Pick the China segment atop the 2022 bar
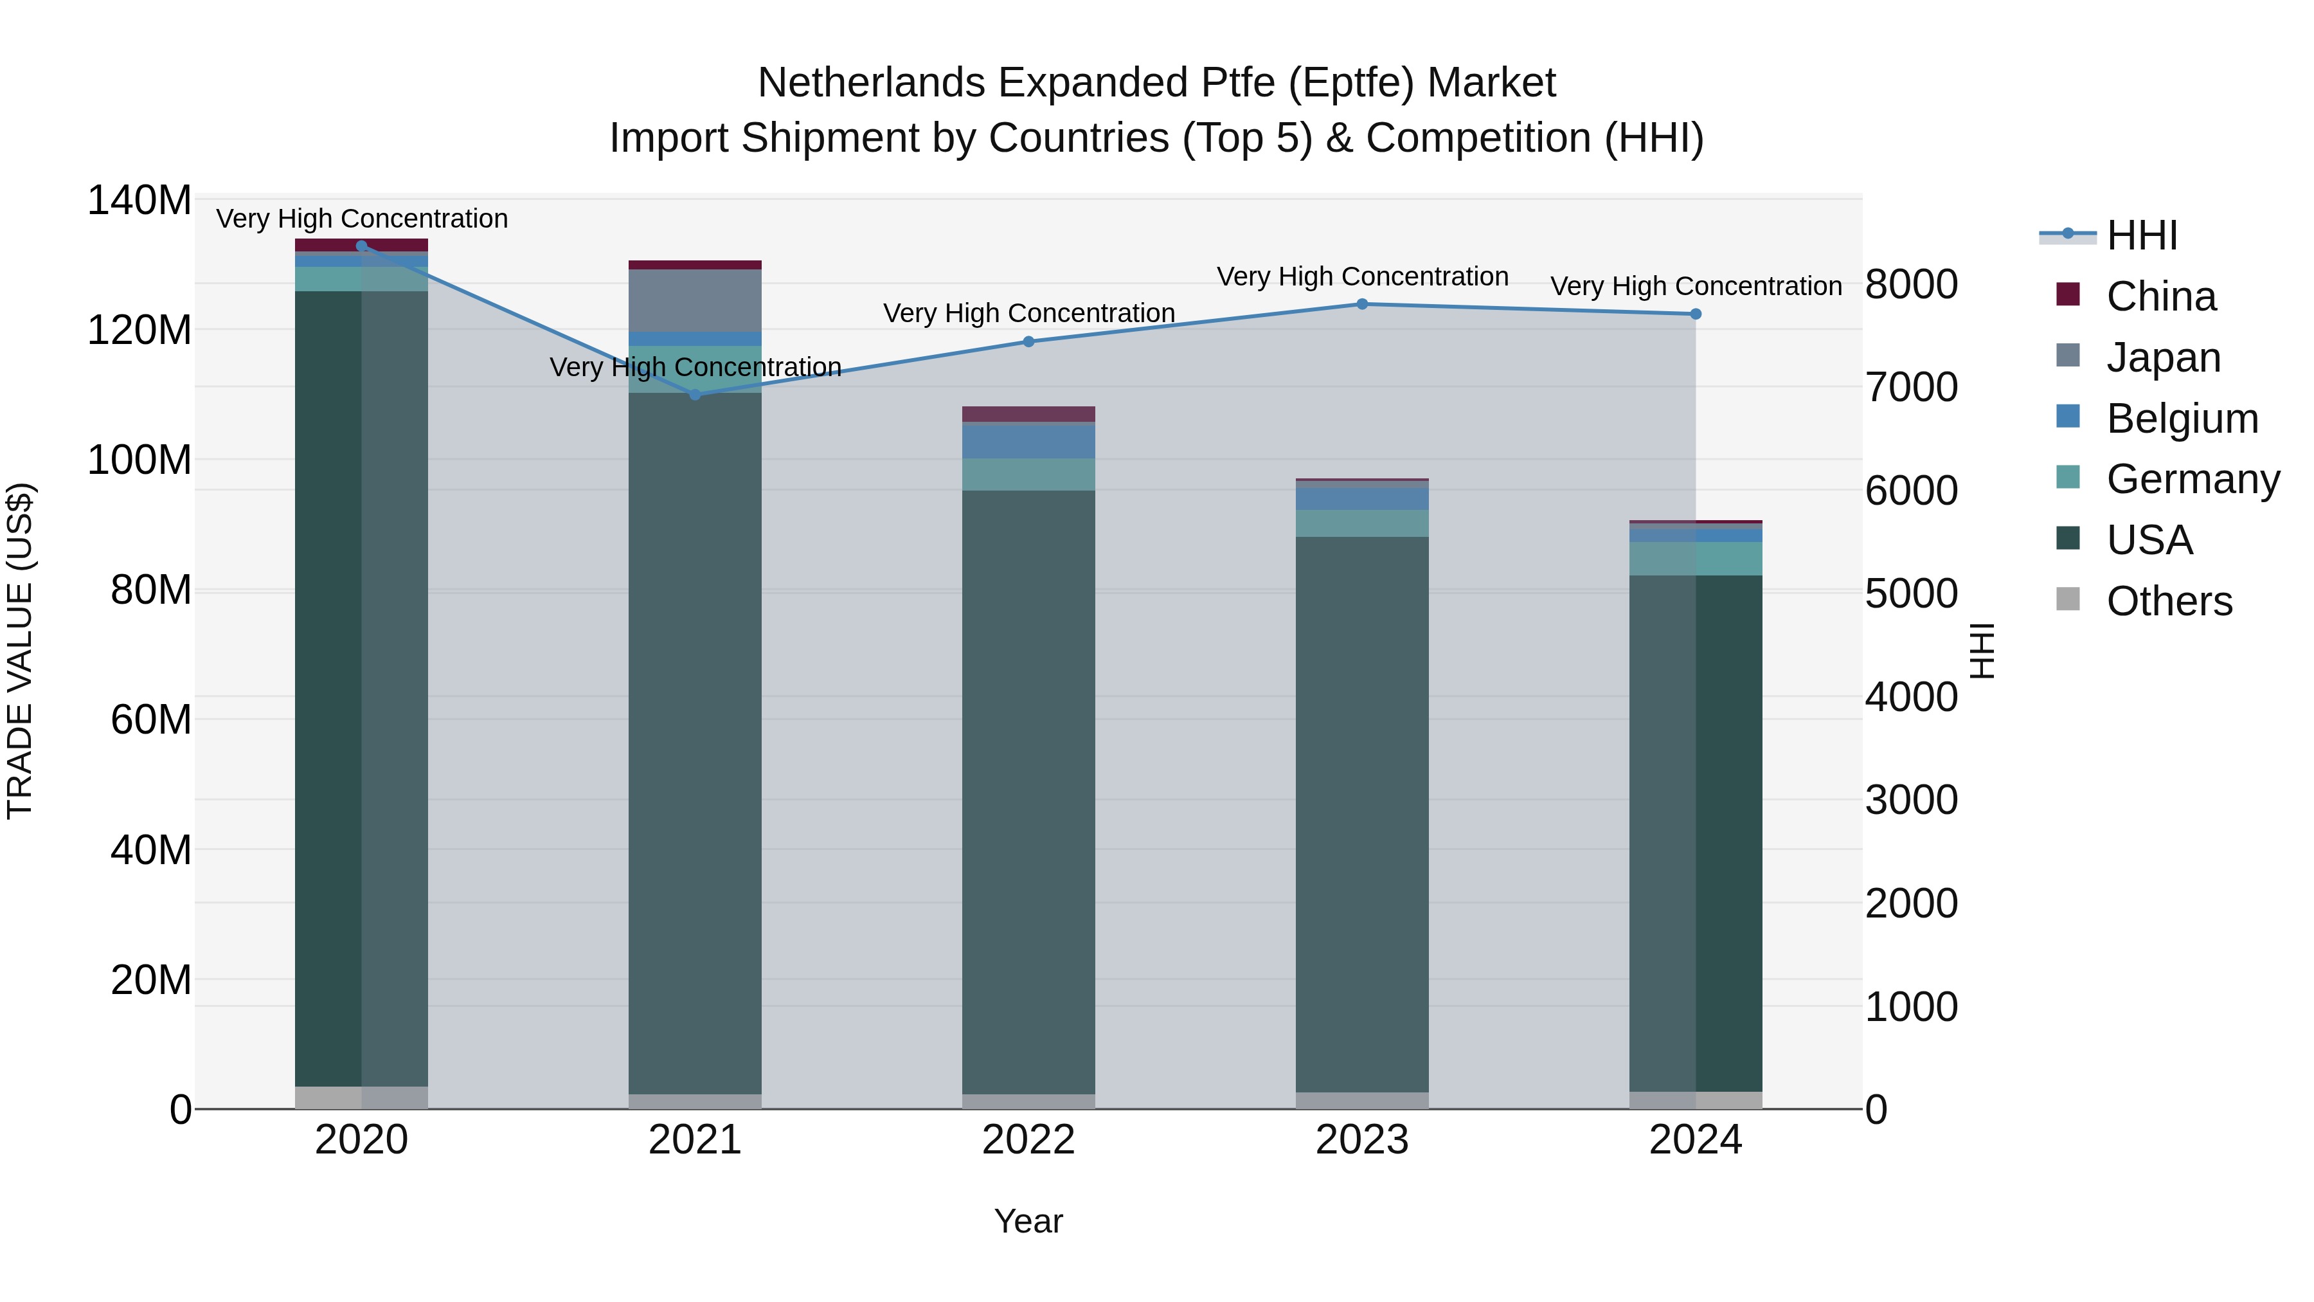pyautogui.click(x=1028, y=414)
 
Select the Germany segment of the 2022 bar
pyautogui.click(x=1028, y=475)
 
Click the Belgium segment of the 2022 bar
pyautogui.click(x=1028, y=440)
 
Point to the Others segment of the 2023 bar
pyautogui.click(x=1362, y=1100)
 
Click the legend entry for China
pyautogui.click(x=2160, y=296)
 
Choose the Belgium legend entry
pyautogui.click(x=2181, y=419)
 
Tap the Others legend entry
pyautogui.click(x=2169, y=601)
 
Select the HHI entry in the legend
pyautogui.click(x=2142, y=235)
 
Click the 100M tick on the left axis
pyautogui.click(x=139, y=460)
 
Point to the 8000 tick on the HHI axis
pyautogui.click(x=1911, y=285)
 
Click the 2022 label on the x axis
pyautogui.click(x=1028, y=1140)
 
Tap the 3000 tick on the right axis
pyautogui.click(x=1911, y=800)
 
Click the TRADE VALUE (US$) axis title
pyautogui.click(x=20, y=651)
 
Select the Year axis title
pyautogui.click(x=1028, y=1221)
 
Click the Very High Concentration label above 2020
pyautogui.click(x=362, y=219)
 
